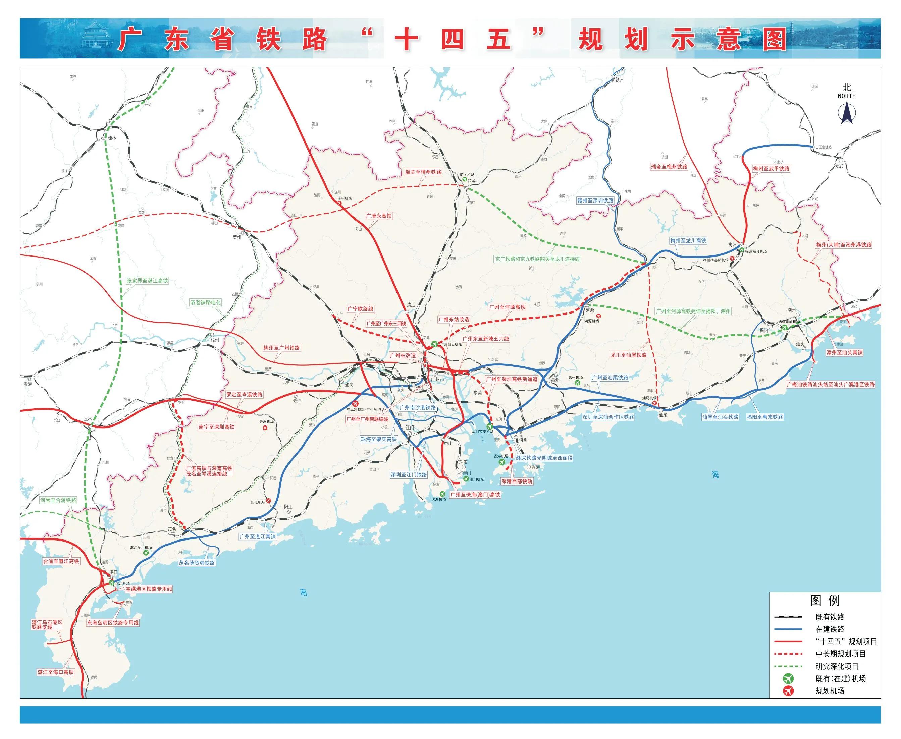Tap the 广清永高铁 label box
click(378, 216)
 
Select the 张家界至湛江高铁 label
click(147, 281)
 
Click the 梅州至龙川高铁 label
click(688, 240)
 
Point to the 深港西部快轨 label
click(517, 481)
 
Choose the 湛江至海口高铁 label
click(55, 672)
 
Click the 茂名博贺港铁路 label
click(197, 562)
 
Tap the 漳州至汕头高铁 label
click(844, 352)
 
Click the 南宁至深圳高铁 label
click(216, 427)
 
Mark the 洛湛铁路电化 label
click(206, 302)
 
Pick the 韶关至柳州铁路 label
click(423, 172)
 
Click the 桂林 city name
click(112, 138)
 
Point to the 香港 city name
click(535, 467)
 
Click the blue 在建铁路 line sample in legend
click(788, 629)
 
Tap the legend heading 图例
click(825, 601)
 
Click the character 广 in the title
click(130, 40)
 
